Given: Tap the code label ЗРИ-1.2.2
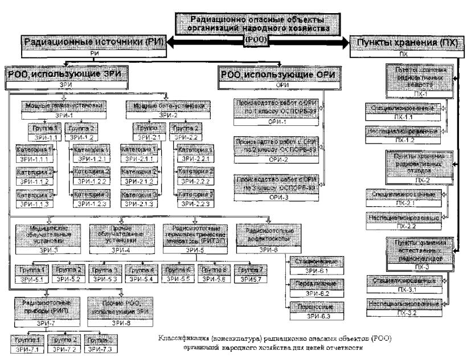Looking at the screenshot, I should click(x=91, y=181).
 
